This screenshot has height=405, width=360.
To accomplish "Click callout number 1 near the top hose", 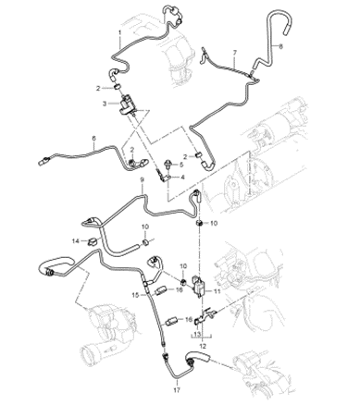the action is point(120,32).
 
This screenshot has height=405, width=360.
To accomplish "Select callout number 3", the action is point(105,104).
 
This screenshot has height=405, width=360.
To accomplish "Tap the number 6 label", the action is point(94,139).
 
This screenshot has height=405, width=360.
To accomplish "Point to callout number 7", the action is point(235,53).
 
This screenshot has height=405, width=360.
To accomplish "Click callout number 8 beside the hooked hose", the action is point(280,46).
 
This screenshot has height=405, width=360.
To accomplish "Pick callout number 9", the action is point(142,179).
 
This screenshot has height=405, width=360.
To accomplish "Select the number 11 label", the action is point(217,290).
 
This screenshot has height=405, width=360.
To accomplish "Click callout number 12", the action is point(203,346).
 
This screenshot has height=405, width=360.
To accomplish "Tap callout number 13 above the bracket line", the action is point(197,334).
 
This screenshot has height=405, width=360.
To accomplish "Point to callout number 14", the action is point(76,241).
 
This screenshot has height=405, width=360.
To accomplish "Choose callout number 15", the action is point(136,295).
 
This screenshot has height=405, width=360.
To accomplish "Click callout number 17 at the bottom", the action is point(177,390).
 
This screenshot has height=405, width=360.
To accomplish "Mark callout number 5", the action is point(181,165).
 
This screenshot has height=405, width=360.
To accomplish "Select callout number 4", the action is point(183,178).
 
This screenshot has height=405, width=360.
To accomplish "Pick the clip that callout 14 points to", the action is point(93,241).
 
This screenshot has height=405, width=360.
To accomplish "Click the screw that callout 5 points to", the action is point(168,164).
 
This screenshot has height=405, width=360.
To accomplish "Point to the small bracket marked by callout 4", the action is point(165,177).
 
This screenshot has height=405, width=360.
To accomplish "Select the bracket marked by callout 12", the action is point(204,316).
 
